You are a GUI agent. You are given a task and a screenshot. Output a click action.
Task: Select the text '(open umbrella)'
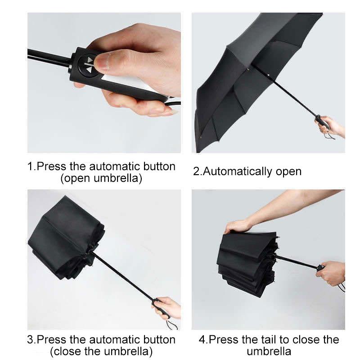(101, 178)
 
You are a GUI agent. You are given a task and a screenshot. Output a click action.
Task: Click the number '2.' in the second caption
(198, 171)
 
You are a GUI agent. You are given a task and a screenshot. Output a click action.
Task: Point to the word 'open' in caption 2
(288, 171)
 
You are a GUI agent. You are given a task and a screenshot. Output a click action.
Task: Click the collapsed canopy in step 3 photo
(63, 238)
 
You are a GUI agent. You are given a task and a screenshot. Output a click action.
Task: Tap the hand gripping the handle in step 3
(169, 306)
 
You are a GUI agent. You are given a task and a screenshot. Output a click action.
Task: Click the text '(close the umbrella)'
(101, 351)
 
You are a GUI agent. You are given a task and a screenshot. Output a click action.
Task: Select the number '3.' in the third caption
(31, 339)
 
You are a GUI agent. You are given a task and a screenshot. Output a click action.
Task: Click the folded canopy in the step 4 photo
(245, 261)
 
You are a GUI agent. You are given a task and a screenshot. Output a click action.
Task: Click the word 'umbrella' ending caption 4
(269, 351)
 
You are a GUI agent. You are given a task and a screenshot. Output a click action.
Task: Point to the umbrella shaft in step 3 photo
(126, 277)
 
